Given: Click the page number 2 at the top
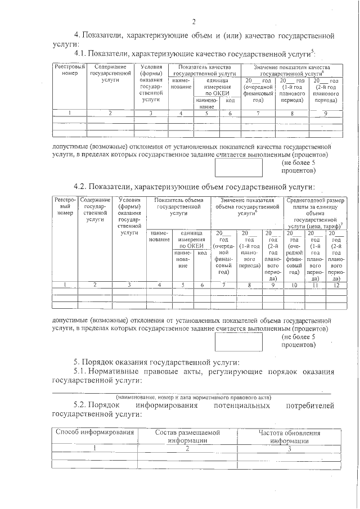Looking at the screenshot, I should click(193, 22).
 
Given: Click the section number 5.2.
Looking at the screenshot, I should click(83, 405).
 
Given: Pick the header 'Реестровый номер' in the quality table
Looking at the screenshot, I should click(70, 70).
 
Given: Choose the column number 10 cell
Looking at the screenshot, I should click(294, 285).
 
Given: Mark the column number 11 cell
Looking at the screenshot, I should click(316, 285).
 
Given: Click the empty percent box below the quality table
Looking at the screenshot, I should click(240, 166).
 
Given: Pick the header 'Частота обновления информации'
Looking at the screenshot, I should click(289, 436).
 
